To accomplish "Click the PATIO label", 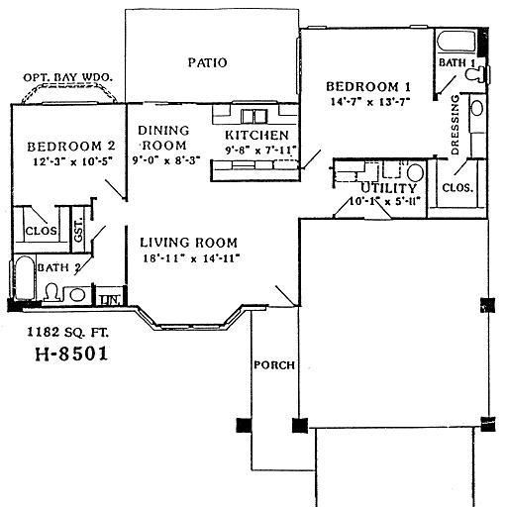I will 207,62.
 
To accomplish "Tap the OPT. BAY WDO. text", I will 66,77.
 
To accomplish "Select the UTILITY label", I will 381,187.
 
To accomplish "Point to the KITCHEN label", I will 256,135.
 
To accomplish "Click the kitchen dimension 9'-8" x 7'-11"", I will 256,151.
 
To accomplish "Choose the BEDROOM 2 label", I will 65,145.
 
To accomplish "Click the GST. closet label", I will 79,230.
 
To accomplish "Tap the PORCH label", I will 275,365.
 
